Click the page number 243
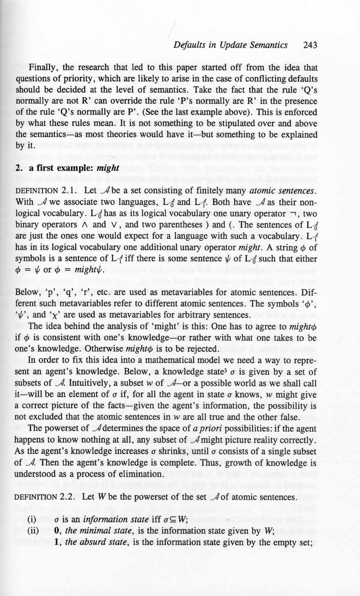[310, 45]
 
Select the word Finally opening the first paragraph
[43, 68]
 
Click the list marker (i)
[31, 520]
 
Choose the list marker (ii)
[32, 531]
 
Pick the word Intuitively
[80, 384]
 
